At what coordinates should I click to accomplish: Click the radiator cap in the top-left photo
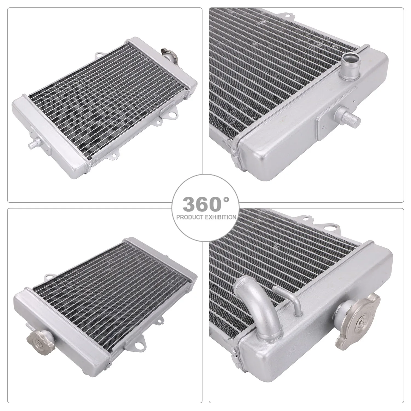168,53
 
